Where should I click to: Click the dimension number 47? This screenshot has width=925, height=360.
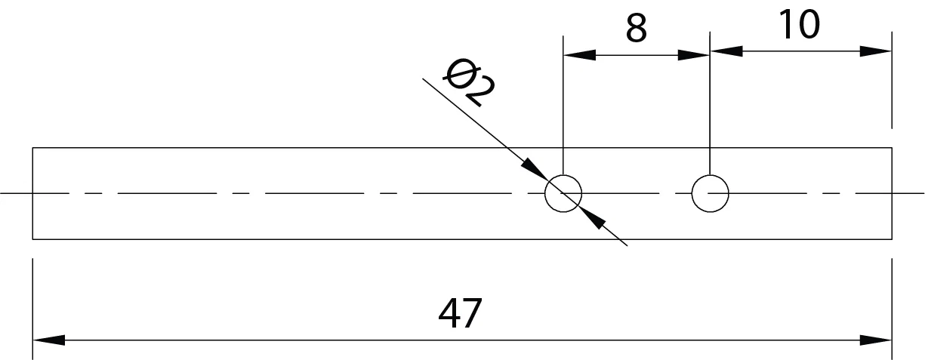460,313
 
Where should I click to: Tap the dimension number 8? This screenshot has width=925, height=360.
636,28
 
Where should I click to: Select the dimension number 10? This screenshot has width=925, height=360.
799,25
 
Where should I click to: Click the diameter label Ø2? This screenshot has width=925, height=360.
469,83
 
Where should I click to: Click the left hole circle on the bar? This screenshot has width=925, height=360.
545,193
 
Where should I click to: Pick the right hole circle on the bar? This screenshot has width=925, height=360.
692,193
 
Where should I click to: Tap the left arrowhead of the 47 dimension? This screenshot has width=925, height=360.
49,340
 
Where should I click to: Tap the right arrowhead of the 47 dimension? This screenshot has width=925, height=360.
876,340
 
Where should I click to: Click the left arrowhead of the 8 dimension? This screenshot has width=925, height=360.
580,55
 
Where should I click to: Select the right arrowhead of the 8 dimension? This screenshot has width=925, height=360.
694,55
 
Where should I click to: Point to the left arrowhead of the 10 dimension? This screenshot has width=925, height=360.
726,51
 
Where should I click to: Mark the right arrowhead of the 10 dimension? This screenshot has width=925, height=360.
876,51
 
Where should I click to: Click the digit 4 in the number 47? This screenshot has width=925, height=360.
449,313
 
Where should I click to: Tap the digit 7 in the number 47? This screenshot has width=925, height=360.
472,313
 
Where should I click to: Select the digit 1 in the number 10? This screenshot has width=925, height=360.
786,25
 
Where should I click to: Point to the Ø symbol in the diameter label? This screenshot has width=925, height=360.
457,74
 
